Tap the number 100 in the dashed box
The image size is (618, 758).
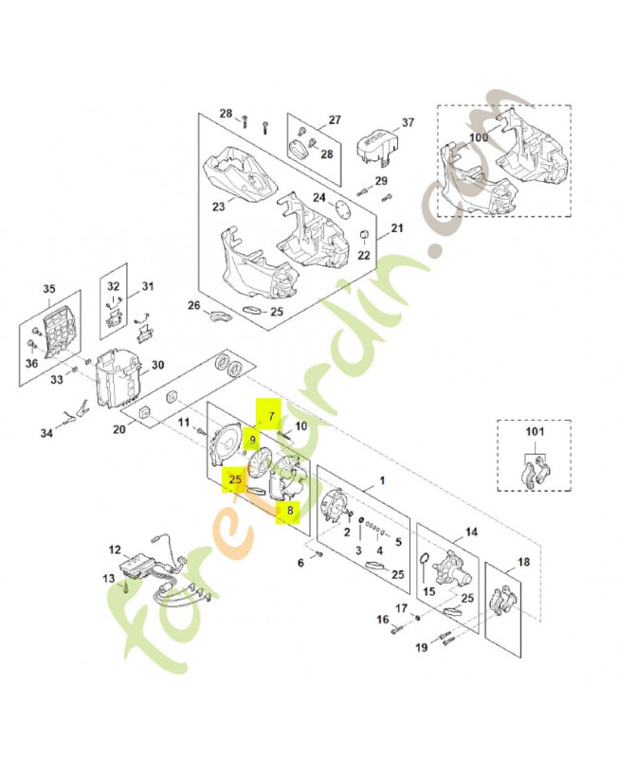(479, 138)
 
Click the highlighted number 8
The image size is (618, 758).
(290, 511)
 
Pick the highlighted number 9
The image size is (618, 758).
(253, 440)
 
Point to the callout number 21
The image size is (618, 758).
(396, 228)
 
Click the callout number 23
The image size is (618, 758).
(218, 207)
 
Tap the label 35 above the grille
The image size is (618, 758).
(50, 289)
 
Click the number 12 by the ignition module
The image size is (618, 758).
(115, 549)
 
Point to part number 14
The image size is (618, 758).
(471, 532)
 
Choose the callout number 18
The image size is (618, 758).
(524, 562)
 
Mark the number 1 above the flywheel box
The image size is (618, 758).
(382, 480)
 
